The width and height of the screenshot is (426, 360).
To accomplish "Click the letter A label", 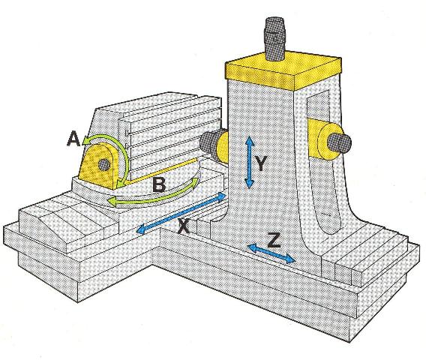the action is (x=73, y=138).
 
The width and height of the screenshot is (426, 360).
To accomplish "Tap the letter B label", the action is (x=159, y=184).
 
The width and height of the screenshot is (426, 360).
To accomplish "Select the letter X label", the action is (x=184, y=226).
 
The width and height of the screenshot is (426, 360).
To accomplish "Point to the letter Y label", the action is (x=261, y=163).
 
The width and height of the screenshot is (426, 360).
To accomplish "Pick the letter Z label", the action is (x=274, y=241).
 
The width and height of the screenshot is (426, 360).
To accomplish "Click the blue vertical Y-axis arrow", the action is (x=250, y=162).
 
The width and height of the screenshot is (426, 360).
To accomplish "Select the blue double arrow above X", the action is (x=181, y=213).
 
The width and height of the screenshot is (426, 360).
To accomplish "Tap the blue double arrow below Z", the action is (x=271, y=253).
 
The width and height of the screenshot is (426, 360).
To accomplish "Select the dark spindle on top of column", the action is (x=274, y=38).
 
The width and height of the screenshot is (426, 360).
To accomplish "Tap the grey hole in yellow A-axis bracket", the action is (x=103, y=164).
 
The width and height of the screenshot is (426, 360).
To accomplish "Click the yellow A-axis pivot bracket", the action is (x=99, y=166).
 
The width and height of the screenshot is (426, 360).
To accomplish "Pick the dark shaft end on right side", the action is (x=339, y=142).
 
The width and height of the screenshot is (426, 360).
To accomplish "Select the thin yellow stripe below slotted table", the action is (x=160, y=172).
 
